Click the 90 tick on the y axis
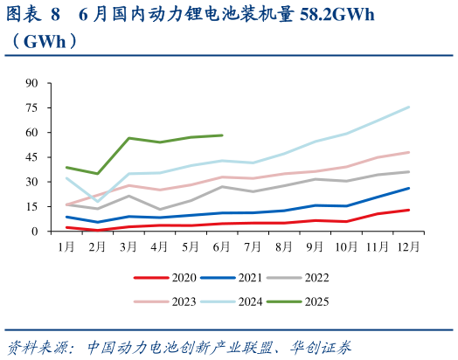pos(32,84)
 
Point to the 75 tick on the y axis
pos(32,108)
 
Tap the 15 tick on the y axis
pos(32,207)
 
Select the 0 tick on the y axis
pos(35,232)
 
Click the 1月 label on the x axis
pos(66,247)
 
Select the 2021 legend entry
pos(245,278)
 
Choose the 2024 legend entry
pos(245,301)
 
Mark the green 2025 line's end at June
pos(222,135)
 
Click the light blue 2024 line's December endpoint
pos(408,107)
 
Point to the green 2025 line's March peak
pos(128,138)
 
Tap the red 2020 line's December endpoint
pos(408,210)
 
